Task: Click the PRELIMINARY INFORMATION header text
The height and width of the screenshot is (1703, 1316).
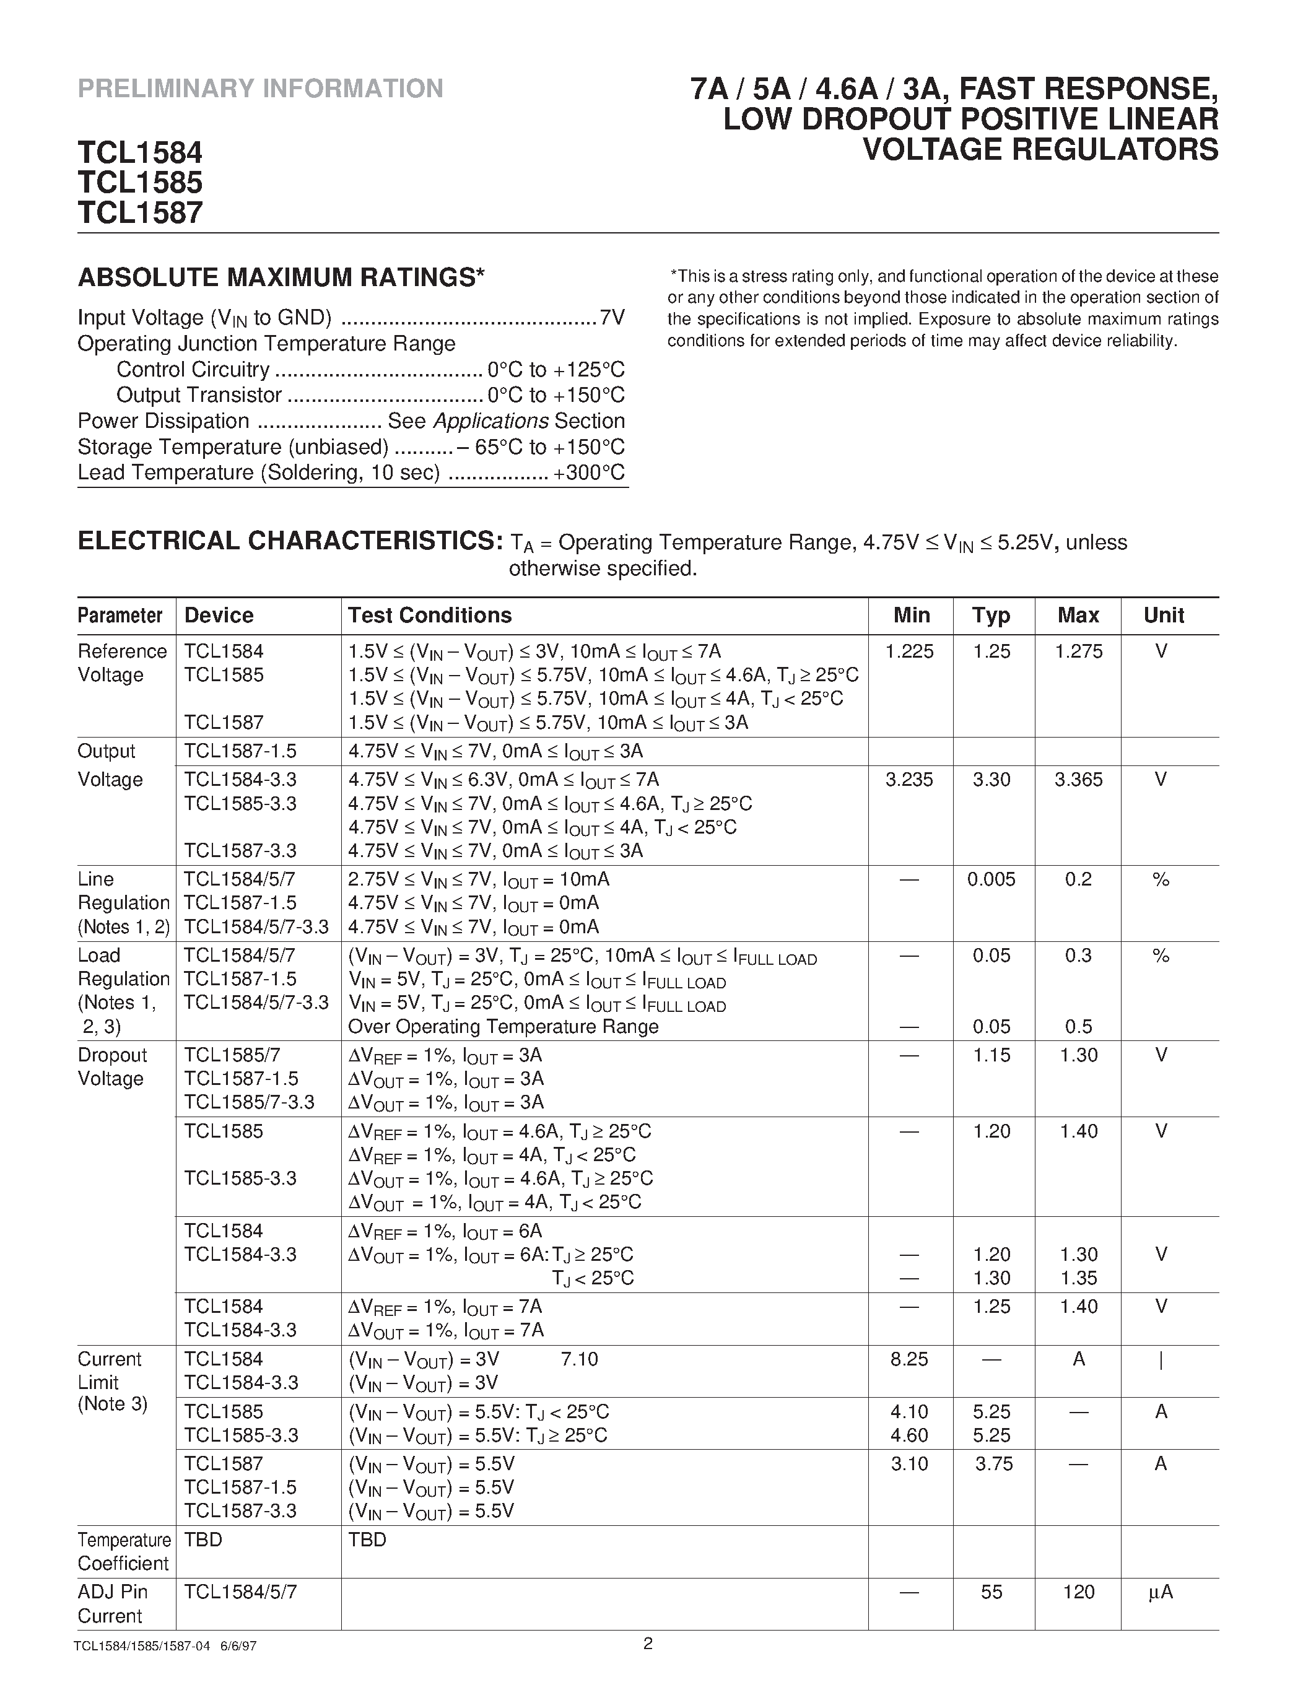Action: coord(260,88)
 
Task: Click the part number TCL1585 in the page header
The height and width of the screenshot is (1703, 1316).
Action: coord(141,181)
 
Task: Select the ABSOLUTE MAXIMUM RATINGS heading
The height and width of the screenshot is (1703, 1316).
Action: coord(281,277)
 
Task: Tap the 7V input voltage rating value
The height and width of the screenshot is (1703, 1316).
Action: coord(612,318)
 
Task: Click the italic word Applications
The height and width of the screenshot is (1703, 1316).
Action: coord(490,421)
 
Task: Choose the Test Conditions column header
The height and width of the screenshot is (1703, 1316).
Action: coord(430,615)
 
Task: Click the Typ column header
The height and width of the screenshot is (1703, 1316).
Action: coord(991,615)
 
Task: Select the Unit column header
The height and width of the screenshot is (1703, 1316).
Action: coord(1163,615)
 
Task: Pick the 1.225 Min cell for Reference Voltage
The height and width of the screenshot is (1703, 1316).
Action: coord(909,651)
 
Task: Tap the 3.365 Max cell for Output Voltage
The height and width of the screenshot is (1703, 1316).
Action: coord(1078,779)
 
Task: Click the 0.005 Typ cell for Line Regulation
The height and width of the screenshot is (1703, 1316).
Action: coord(991,879)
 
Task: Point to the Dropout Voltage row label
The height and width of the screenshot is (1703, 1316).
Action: coord(111,1067)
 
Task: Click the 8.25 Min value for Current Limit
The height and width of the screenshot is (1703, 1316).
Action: coord(909,1359)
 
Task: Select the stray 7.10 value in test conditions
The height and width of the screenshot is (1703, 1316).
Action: coord(579,1359)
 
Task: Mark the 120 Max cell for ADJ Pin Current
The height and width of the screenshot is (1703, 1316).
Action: coord(1078,1592)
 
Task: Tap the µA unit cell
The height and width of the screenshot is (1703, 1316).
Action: coord(1160,1592)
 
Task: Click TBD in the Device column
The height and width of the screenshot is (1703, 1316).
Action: coord(204,1540)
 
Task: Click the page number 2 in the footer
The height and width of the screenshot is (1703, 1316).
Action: coord(648,1644)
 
